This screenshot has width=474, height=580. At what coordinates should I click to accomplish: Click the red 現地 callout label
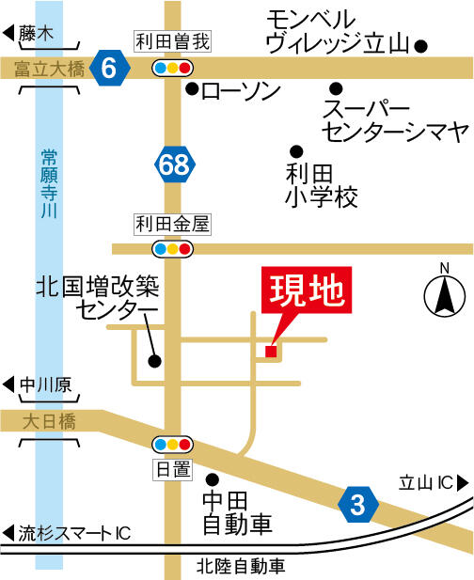(x=307, y=293)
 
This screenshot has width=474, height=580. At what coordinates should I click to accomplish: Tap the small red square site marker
(x=271, y=352)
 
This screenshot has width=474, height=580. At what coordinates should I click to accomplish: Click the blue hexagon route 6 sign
(x=111, y=68)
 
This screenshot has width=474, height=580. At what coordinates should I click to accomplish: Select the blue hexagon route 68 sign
(x=174, y=165)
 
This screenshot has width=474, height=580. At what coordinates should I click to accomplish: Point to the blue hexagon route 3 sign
(x=357, y=504)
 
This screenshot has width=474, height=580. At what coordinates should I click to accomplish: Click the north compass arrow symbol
(x=443, y=297)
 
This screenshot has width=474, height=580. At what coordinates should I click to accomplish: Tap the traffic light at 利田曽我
(x=173, y=68)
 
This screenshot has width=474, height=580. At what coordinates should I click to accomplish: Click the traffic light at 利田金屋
(x=173, y=249)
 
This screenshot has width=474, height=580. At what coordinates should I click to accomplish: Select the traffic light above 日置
(x=173, y=444)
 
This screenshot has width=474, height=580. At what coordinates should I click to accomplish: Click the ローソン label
(x=241, y=91)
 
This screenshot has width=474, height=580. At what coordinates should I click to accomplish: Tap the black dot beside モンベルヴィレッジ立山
(x=421, y=44)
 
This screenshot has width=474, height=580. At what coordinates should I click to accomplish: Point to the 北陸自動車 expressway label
(x=240, y=566)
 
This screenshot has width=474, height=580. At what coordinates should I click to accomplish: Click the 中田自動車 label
(x=237, y=511)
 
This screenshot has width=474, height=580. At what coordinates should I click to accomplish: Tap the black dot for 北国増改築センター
(x=154, y=360)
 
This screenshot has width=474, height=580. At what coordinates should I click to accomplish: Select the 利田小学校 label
(x=322, y=185)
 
